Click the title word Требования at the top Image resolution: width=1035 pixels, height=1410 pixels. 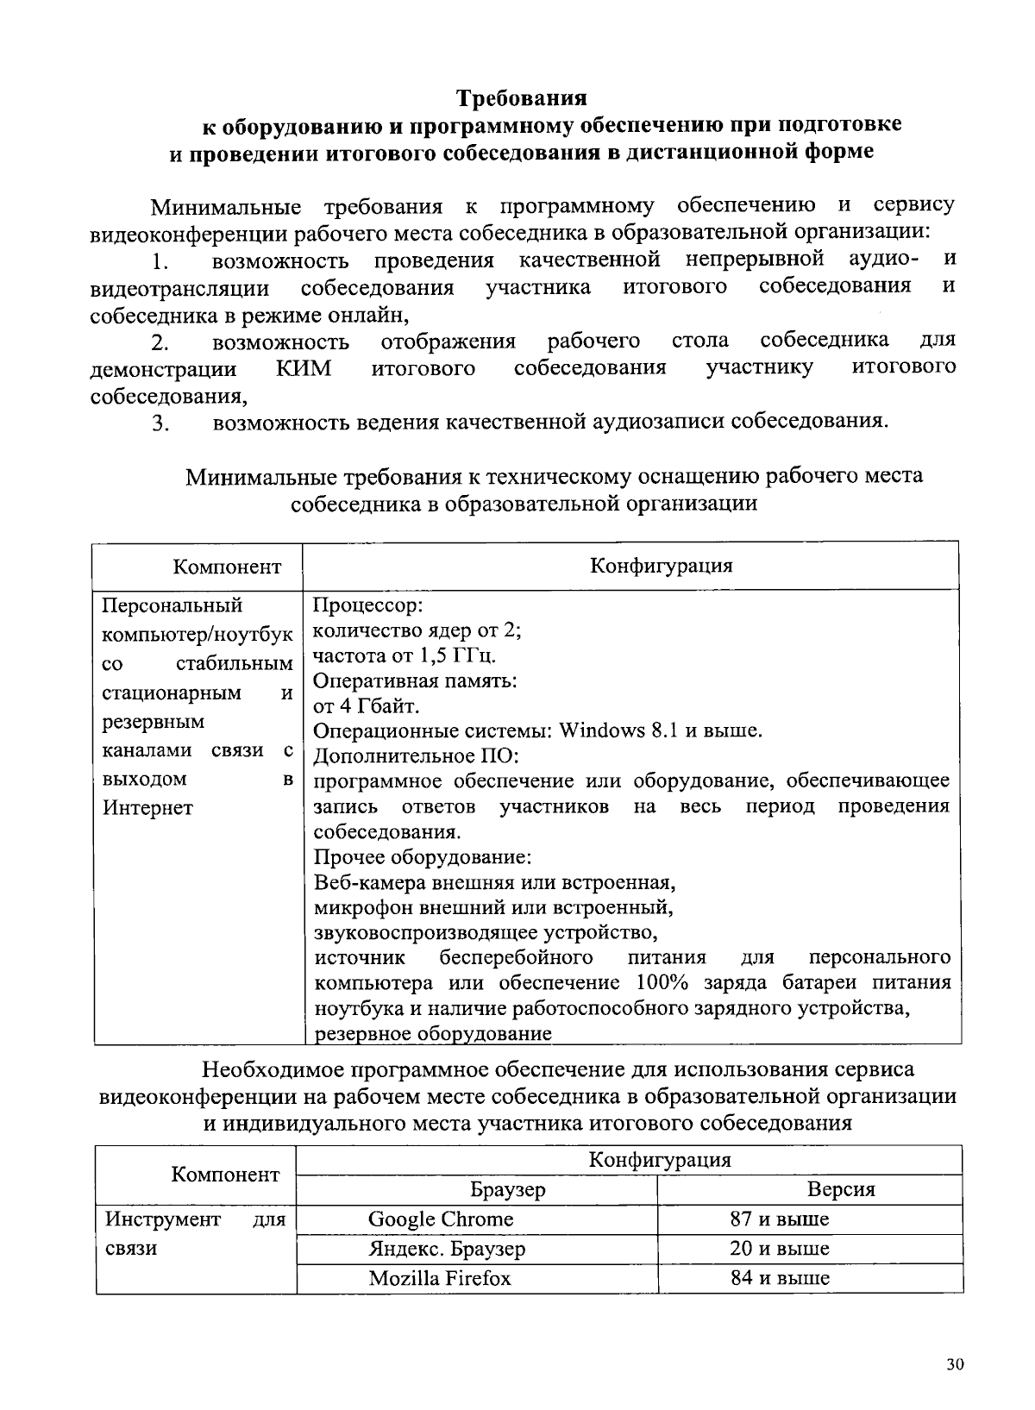pos(521,96)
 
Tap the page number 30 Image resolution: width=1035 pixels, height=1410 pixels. pos(955,1364)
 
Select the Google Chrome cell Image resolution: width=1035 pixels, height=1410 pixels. pos(440,1219)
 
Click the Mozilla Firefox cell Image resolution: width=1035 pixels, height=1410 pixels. pos(440,1277)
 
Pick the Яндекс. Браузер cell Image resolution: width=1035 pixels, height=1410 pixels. pos(447,1248)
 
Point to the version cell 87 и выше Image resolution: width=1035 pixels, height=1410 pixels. pos(779,1219)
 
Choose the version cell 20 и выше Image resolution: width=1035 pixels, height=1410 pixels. pos(779,1248)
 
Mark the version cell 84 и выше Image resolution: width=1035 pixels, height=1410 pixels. pos(779,1277)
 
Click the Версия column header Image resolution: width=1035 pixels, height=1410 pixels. pos(841,1189)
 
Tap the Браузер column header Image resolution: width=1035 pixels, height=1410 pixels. pos(508,1189)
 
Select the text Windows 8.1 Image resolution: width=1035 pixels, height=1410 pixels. pos(618,730)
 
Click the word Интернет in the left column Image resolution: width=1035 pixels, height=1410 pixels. pos(147,808)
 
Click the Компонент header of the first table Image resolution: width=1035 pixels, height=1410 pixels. pos(227,567)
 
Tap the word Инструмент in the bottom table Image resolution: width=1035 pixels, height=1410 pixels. pos(163,1219)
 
